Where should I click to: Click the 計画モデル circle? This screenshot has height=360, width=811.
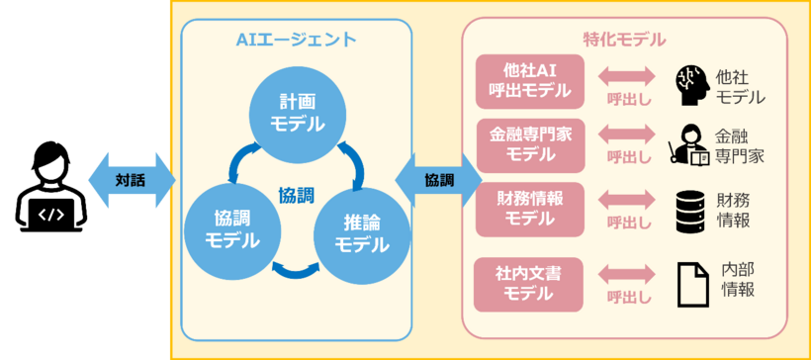pyautogui.click(x=296, y=113)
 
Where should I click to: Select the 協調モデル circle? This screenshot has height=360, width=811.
pyautogui.click(x=231, y=228)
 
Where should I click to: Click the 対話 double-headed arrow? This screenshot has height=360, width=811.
pyautogui.click(x=130, y=180)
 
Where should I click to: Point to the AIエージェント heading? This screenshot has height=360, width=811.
pyautogui.click(x=296, y=40)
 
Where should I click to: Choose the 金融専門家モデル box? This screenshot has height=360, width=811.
pyautogui.click(x=529, y=144)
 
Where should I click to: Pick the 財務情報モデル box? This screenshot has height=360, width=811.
pyautogui.click(x=529, y=208)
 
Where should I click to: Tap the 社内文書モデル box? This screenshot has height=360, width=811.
pyautogui.click(x=529, y=281)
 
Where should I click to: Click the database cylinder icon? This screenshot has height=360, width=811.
pyautogui.click(x=691, y=210)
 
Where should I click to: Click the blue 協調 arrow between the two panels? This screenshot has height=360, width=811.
pyautogui.click(x=438, y=181)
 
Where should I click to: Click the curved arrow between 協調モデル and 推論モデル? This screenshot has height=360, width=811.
pyautogui.click(x=295, y=268)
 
